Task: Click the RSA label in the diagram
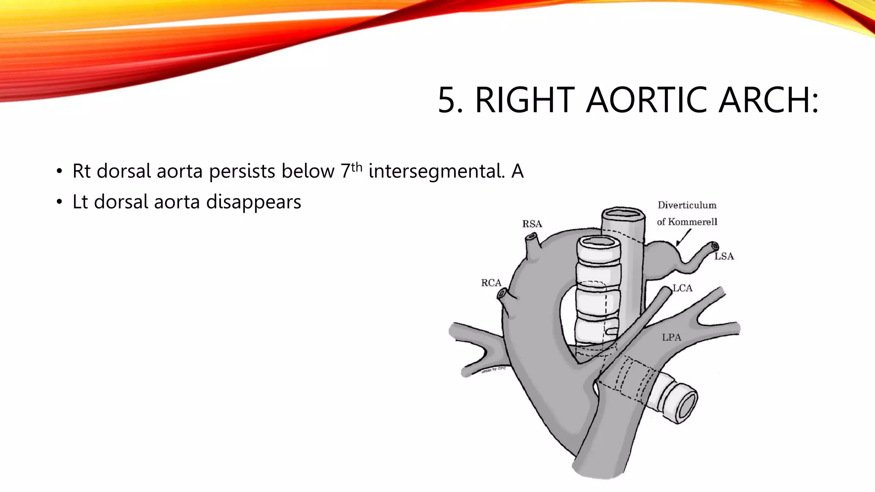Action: tap(532, 224)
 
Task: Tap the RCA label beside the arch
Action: tap(491, 283)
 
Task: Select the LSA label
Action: tap(724, 256)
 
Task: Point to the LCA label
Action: tap(682, 288)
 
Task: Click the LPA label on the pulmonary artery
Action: tap(671, 337)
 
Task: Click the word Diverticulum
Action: tap(687, 205)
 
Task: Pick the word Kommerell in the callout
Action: tap(693, 222)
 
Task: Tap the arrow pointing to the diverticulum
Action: tap(683, 237)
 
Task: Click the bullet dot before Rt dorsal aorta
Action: tap(59, 172)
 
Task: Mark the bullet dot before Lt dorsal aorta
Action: tap(59, 203)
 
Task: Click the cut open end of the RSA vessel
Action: tap(532, 237)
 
